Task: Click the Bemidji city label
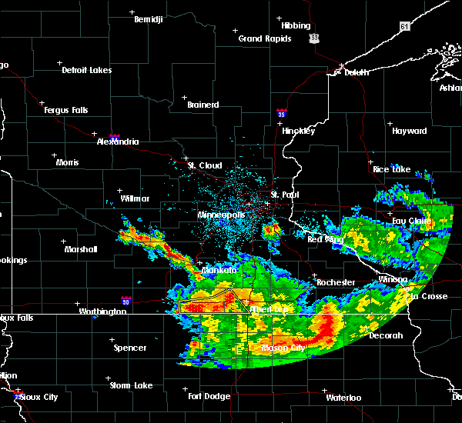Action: point(149,18)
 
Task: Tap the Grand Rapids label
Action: point(264,38)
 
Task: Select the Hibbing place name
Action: point(296,25)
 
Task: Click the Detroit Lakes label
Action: point(86,70)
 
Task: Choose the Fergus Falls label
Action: point(65,110)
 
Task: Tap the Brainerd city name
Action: point(203,105)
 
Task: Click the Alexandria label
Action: point(118,142)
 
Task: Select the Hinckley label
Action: point(298,131)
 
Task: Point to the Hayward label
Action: point(409,131)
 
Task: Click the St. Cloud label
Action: point(205,165)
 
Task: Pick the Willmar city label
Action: point(135,198)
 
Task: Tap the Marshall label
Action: point(80,249)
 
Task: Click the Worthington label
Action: point(102,311)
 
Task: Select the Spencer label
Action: point(129,348)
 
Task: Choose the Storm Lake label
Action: point(131,385)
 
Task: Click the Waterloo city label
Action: point(343,398)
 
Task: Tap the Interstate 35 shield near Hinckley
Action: point(282,113)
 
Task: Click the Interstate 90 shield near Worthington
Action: point(126,300)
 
